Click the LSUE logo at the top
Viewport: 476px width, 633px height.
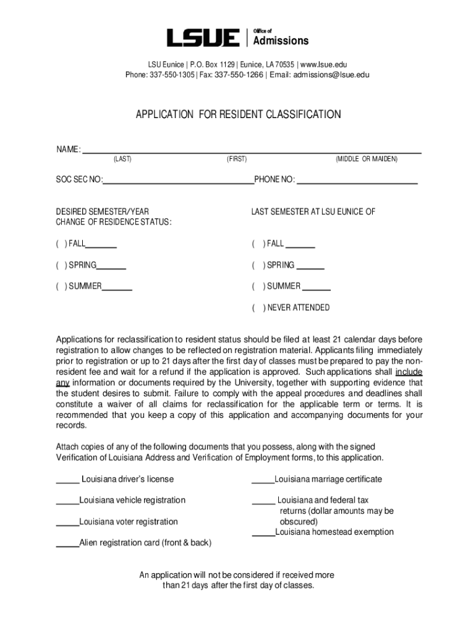203,38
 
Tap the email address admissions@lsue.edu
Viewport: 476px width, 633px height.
323,75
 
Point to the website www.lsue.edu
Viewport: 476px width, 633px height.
324,64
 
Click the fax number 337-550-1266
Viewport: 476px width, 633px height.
239,75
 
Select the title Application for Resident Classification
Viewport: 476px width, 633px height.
238,114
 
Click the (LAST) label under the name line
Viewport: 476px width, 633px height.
122,159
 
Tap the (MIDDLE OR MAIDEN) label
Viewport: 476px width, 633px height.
367,159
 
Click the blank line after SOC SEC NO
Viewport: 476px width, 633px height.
179,181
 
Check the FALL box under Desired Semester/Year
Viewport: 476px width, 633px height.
61,244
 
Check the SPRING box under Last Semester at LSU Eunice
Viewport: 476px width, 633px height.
257,265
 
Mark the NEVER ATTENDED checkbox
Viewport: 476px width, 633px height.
257,308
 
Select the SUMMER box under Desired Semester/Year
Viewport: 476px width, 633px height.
61,286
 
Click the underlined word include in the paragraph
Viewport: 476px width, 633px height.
409,372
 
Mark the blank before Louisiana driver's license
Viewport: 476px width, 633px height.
67,480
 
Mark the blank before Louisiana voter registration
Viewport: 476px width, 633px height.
67,522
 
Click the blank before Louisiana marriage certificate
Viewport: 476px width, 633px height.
263,480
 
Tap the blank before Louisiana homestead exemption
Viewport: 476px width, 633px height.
263,532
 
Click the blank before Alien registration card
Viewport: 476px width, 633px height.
67,543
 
